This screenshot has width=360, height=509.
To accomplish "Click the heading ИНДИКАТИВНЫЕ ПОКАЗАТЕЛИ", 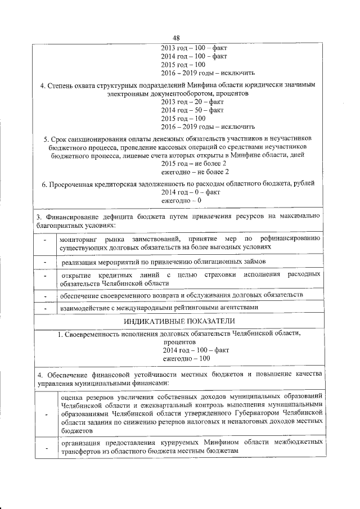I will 179,321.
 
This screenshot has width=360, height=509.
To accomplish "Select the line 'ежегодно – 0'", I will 182,200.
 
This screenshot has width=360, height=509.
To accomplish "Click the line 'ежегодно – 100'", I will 186,358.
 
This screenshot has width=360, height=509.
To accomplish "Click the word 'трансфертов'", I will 82,451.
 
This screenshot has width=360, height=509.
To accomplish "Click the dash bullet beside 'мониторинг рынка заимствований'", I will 44,242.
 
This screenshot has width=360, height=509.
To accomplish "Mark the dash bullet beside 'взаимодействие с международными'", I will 44,308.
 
